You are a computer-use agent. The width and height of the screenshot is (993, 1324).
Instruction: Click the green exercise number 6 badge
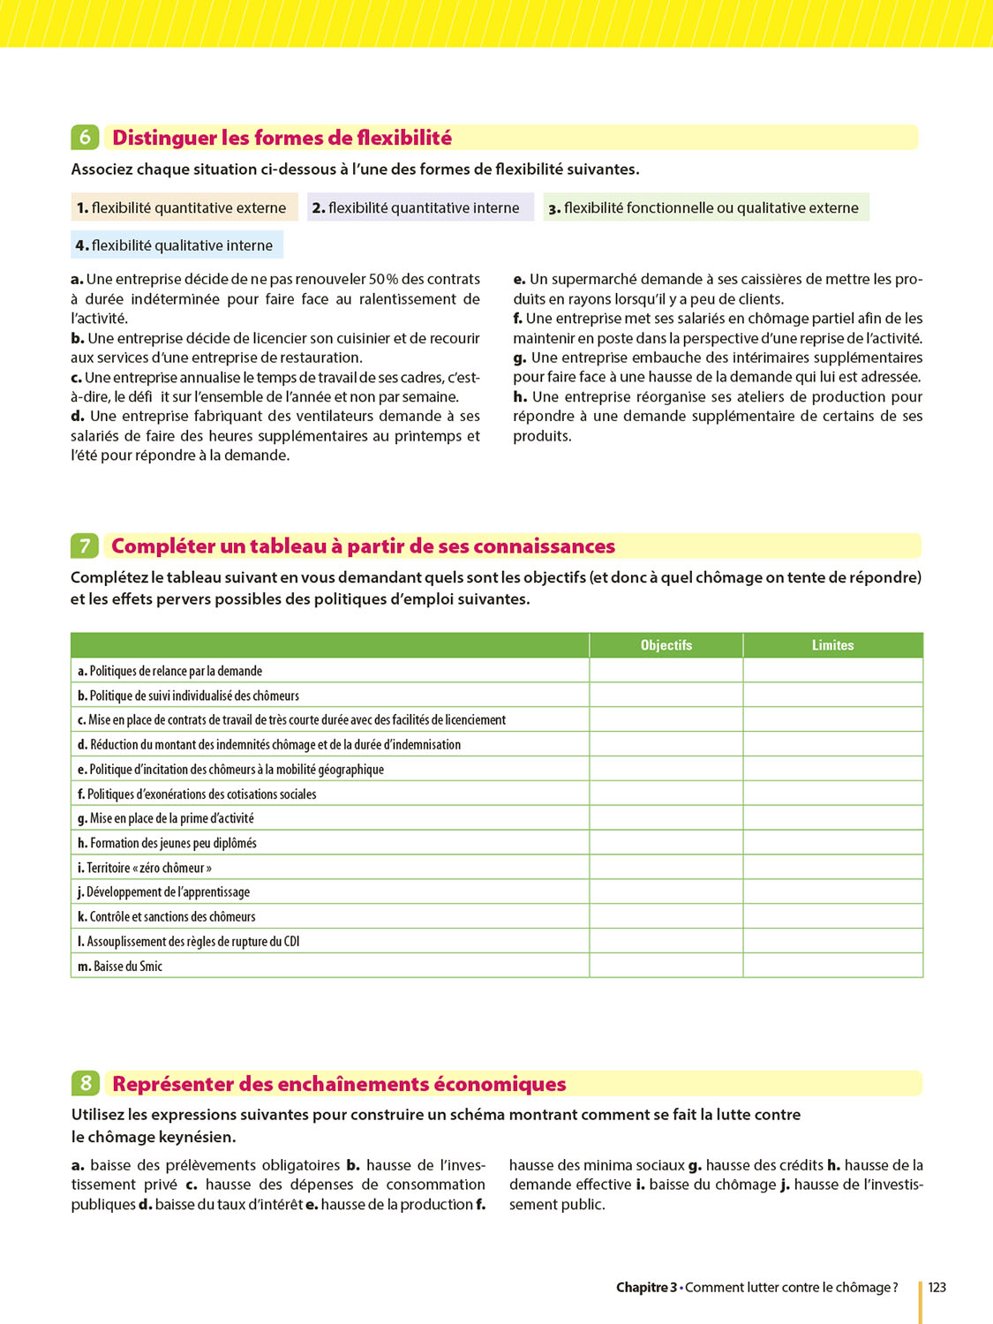[85, 137]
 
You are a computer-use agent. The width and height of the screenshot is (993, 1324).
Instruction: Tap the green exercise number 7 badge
[85, 545]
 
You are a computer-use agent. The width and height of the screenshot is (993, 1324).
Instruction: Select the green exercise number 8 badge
[85, 1083]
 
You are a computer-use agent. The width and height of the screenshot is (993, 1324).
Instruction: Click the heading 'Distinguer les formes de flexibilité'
[282, 138]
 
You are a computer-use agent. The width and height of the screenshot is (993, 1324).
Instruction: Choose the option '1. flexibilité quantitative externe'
[182, 207]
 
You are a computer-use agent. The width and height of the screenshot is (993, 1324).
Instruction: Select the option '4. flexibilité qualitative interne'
[175, 245]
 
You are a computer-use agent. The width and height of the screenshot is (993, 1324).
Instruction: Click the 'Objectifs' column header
[666, 645]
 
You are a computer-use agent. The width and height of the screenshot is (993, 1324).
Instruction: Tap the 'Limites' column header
[832, 645]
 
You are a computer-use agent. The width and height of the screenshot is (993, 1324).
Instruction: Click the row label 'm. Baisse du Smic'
[120, 967]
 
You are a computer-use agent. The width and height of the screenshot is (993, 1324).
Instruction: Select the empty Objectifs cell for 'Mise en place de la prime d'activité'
[666, 818]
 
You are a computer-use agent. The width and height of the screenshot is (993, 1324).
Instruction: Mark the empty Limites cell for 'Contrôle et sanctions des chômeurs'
[832, 917]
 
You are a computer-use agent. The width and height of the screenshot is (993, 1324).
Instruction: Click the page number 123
[937, 1288]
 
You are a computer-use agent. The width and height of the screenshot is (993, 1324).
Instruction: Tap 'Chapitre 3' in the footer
[646, 1288]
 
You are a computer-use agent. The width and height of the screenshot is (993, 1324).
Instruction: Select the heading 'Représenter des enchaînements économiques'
[339, 1084]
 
